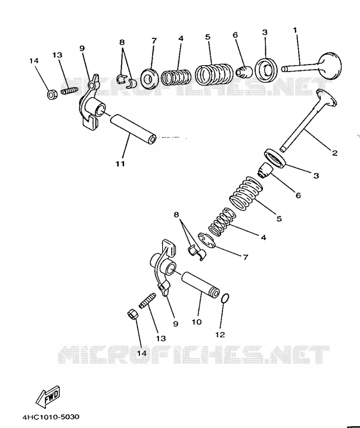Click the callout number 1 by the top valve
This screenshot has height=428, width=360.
point(295,30)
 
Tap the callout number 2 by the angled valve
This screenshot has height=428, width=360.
point(335,153)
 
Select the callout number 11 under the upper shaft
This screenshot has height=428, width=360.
point(120,164)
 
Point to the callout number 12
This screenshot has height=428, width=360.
point(220,334)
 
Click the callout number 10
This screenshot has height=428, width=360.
point(196,322)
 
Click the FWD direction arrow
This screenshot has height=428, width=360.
point(49,396)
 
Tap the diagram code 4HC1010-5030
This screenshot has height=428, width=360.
point(51,417)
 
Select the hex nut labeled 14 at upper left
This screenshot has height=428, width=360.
point(51,95)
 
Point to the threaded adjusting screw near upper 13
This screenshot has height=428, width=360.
point(69,90)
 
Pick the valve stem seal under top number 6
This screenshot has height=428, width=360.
point(243,71)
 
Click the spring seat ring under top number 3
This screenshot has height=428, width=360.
point(267,69)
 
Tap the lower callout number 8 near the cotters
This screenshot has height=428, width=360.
point(176,215)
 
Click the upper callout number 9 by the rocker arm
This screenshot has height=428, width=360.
point(82,49)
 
